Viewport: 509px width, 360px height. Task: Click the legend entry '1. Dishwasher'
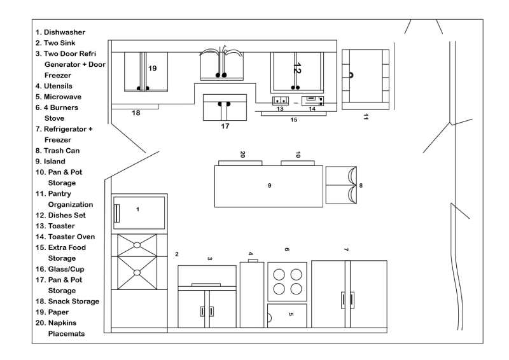pos(60,32)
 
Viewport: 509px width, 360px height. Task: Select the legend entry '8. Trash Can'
pos(57,151)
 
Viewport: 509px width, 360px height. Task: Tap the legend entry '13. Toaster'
pos(55,226)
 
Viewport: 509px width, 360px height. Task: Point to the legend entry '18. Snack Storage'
pos(67,301)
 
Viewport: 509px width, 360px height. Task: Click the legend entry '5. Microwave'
pos(59,97)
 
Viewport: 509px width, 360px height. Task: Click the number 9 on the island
pos(269,185)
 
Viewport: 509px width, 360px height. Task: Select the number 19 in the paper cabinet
pos(152,68)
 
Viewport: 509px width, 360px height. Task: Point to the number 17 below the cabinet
pos(225,126)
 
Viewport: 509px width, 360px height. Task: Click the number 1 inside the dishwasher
pos(137,209)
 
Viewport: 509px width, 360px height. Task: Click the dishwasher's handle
pos(117,213)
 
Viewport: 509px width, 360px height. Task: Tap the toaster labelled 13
pos(281,100)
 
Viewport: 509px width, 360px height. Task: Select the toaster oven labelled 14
pos(312,100)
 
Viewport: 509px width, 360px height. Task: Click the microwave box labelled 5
pos(287,315)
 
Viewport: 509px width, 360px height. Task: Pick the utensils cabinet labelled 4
pos(252,294)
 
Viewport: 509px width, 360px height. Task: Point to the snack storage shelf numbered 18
pos(135,106)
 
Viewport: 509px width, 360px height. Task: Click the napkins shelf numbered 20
pos(241,163)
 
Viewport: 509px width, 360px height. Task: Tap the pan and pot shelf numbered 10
pos(298,163)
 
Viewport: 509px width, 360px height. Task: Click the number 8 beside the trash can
pos(361,185)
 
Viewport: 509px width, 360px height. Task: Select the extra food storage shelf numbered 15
pos(294,114)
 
